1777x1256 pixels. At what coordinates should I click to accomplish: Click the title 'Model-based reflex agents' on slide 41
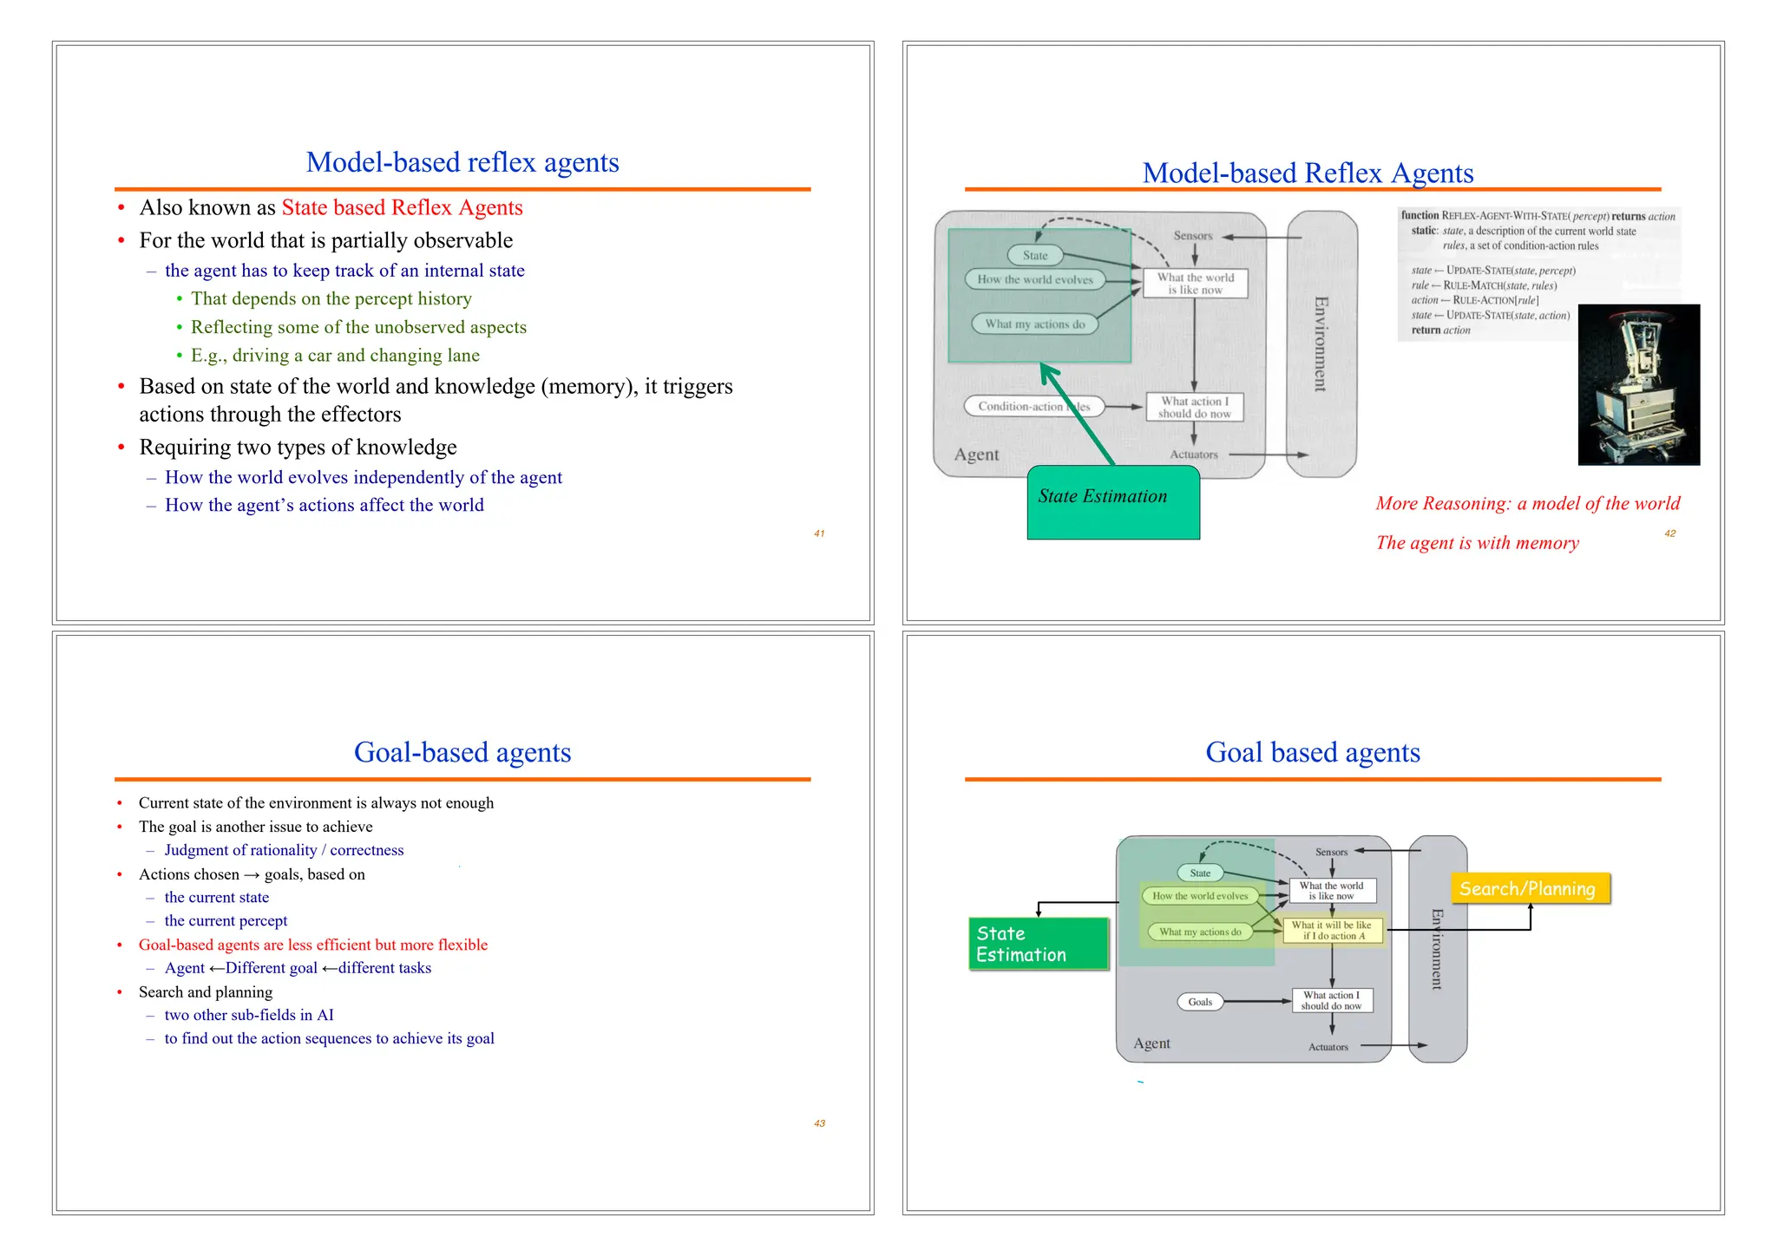[x=462, y=163]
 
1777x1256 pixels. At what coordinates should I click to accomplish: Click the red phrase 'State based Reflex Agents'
[x=402, y=208]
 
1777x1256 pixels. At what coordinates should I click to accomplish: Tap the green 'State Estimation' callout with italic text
[x=1113, y=502]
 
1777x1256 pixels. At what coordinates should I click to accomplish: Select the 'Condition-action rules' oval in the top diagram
[x=1033, y=406]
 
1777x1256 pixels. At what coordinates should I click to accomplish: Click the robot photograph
[x=1638, y=384]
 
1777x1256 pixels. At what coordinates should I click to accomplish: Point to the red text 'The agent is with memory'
[x=1477, y=543]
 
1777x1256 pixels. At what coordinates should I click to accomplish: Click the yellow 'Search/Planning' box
[x=1530, y=888]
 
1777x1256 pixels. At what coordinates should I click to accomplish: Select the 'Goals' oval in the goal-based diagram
[x=1200, y=1002]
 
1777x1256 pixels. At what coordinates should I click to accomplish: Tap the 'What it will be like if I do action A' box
[x=1332, y=931]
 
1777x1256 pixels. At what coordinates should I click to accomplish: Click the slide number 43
[x=819, y=1123]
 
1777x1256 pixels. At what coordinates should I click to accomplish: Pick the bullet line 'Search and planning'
[x=206, y=991]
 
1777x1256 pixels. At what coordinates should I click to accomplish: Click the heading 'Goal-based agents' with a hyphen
[x=462, y=752]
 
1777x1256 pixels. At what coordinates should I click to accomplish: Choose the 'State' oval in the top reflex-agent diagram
[x=1035, y=255]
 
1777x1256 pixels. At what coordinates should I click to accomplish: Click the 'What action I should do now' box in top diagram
[x=1194, y=407]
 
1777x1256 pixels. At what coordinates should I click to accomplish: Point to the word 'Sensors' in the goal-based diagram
[x=1331, y=852]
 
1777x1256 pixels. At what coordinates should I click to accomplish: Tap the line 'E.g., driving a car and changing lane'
[x=335, y=356]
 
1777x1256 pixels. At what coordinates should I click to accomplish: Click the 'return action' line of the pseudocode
[x=1440, y=330]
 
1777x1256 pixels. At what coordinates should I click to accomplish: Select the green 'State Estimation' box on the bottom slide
[x=1039, y=944]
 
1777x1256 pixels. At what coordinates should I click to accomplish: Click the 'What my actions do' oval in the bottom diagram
[x=1200, y=932]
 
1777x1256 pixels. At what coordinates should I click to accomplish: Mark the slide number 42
[x=1669, y=533]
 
